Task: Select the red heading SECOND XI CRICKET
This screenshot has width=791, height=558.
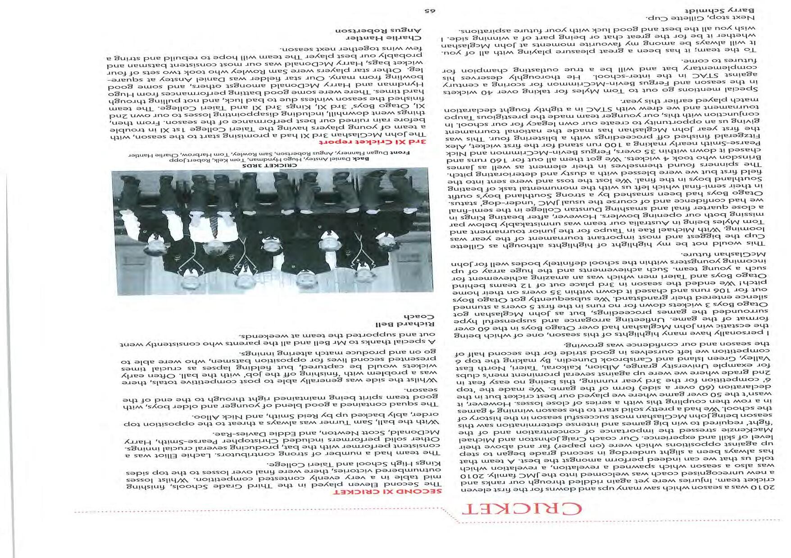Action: tap(405, 492)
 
